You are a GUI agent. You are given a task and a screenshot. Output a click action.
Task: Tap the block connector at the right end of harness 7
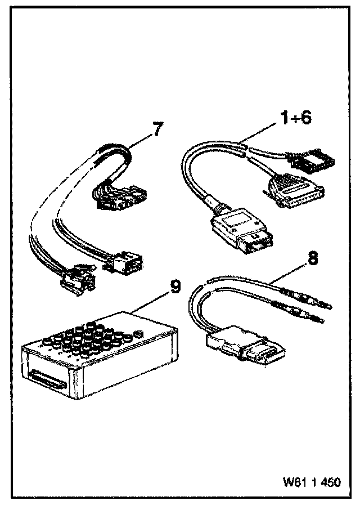127,263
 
